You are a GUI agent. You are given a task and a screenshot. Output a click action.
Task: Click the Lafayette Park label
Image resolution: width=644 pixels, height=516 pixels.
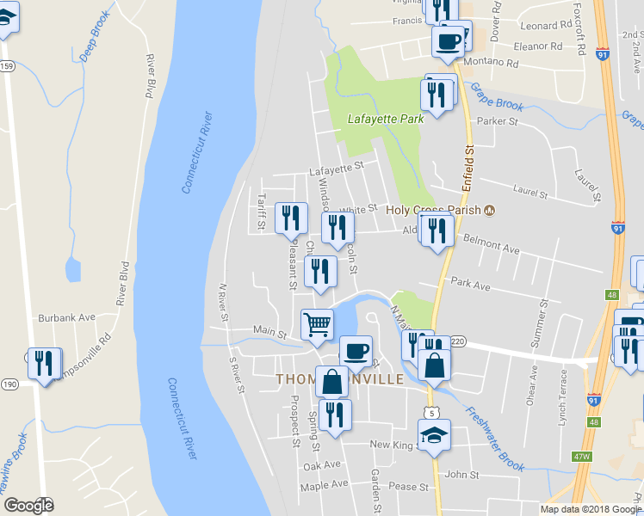tap(386, 120)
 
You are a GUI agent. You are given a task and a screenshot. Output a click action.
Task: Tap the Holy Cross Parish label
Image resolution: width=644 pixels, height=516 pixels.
tap(434, 209)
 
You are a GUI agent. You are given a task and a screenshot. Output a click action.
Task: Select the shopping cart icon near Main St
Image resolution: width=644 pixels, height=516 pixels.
tap(317, 325)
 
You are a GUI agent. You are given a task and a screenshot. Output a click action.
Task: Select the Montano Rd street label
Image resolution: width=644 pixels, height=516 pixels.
tap(491, 63)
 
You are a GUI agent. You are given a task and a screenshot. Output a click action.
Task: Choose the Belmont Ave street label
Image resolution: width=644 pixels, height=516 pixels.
tap(492, 244)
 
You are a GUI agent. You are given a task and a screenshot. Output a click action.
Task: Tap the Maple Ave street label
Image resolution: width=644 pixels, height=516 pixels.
tap(324, 485)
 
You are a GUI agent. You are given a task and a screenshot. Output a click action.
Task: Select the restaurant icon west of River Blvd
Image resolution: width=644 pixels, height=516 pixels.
tap(42, 362)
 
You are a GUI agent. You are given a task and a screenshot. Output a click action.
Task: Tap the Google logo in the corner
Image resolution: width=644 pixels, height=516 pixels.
tap(28, 506)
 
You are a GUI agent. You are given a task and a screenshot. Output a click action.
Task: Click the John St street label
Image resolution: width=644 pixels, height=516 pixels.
tap(461, 474)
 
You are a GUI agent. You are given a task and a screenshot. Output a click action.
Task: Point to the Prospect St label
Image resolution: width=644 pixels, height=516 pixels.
tap(294, 414)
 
